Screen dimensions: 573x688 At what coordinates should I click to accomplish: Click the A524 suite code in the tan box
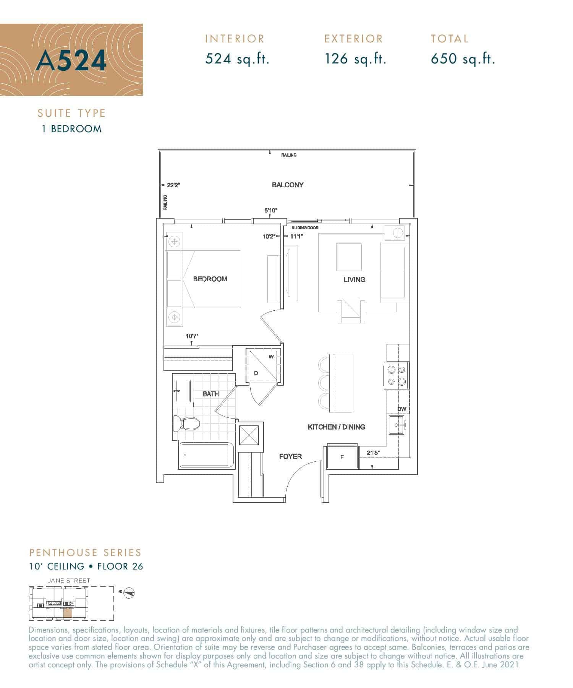pos(71,60)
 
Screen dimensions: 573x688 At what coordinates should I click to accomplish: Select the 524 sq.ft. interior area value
pos(237,59)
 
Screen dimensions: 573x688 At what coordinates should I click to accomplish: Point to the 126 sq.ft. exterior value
pos(356,59)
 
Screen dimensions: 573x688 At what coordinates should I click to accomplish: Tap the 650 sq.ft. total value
pos(463,59)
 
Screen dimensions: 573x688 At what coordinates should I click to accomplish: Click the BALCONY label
pos(288,185)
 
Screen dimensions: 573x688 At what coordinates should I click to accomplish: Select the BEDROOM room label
pos(210,279)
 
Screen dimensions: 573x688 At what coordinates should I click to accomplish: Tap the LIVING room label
pos(354,280)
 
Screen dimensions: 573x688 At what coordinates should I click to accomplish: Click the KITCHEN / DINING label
pos(337,427)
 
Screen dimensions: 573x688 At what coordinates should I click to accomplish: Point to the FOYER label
pos(290,456)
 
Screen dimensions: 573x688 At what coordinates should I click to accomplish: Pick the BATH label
pos(211,394)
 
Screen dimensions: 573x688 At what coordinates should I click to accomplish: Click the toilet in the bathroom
pos(187,424)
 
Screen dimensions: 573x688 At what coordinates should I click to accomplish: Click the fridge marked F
pos(342,457)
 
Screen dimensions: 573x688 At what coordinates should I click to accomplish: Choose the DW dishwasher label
pos(401,409)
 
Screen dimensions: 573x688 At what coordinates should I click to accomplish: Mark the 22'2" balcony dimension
pos(173,185)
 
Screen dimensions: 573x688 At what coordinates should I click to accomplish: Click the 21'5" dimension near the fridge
pos(373,453)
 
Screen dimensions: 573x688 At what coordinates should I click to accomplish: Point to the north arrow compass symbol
pos(129,593)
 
